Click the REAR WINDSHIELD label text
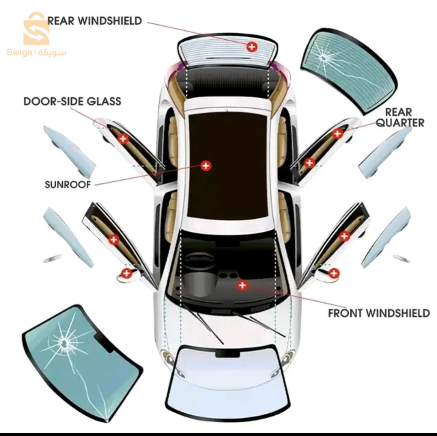coord(94,21)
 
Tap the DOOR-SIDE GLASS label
coord(72,101)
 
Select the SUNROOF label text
coord(68,184)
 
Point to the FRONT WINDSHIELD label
coord(379,313)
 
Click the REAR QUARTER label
coord(400,118)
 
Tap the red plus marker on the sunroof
coord(206,166)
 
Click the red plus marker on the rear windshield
coord(252,47)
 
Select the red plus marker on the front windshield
coord(242,285)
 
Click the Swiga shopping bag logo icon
coord(36,28)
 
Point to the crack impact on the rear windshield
coord(323,58)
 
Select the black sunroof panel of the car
coord(227,165)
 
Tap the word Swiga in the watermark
coord(19,52)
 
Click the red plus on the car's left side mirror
coord(127,273)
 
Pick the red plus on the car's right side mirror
coord(333,273)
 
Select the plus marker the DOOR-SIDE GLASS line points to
coord(123,139)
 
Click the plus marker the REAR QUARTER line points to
coord(337,134)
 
